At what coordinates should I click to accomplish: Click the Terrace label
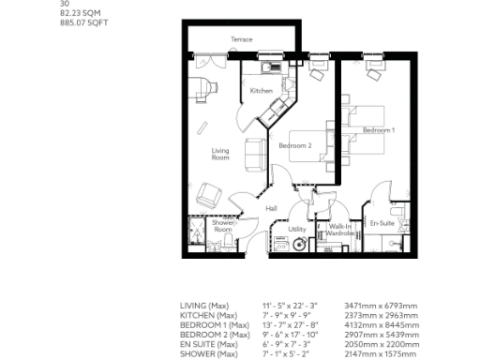point(242,39)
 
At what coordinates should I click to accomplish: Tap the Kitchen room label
point(261,91)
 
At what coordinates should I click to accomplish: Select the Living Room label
point(220,155)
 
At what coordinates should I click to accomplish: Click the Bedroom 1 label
point(379,128)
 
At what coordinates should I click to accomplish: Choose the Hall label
point(271,208)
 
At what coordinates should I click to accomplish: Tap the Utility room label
point(297,229)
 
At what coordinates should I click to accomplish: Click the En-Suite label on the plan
point(381,223)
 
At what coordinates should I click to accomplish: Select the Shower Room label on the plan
point(223,227)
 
